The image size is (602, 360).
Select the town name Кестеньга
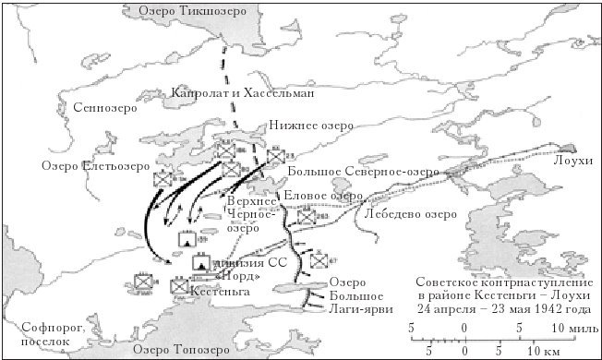coord(218,291)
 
